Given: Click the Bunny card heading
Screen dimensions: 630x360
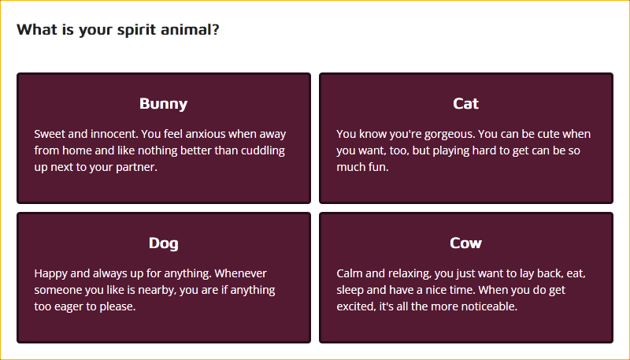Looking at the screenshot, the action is pos(164,104).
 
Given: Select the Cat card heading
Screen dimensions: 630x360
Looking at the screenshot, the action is pos(465,104).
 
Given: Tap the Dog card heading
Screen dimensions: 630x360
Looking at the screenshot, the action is pos(164,243).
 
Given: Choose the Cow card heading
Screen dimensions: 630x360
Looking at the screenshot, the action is pos(465,243).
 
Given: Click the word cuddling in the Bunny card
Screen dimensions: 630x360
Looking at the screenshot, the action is pos(263,150).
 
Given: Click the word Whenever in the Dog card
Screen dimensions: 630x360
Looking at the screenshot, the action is pos(241,273).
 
